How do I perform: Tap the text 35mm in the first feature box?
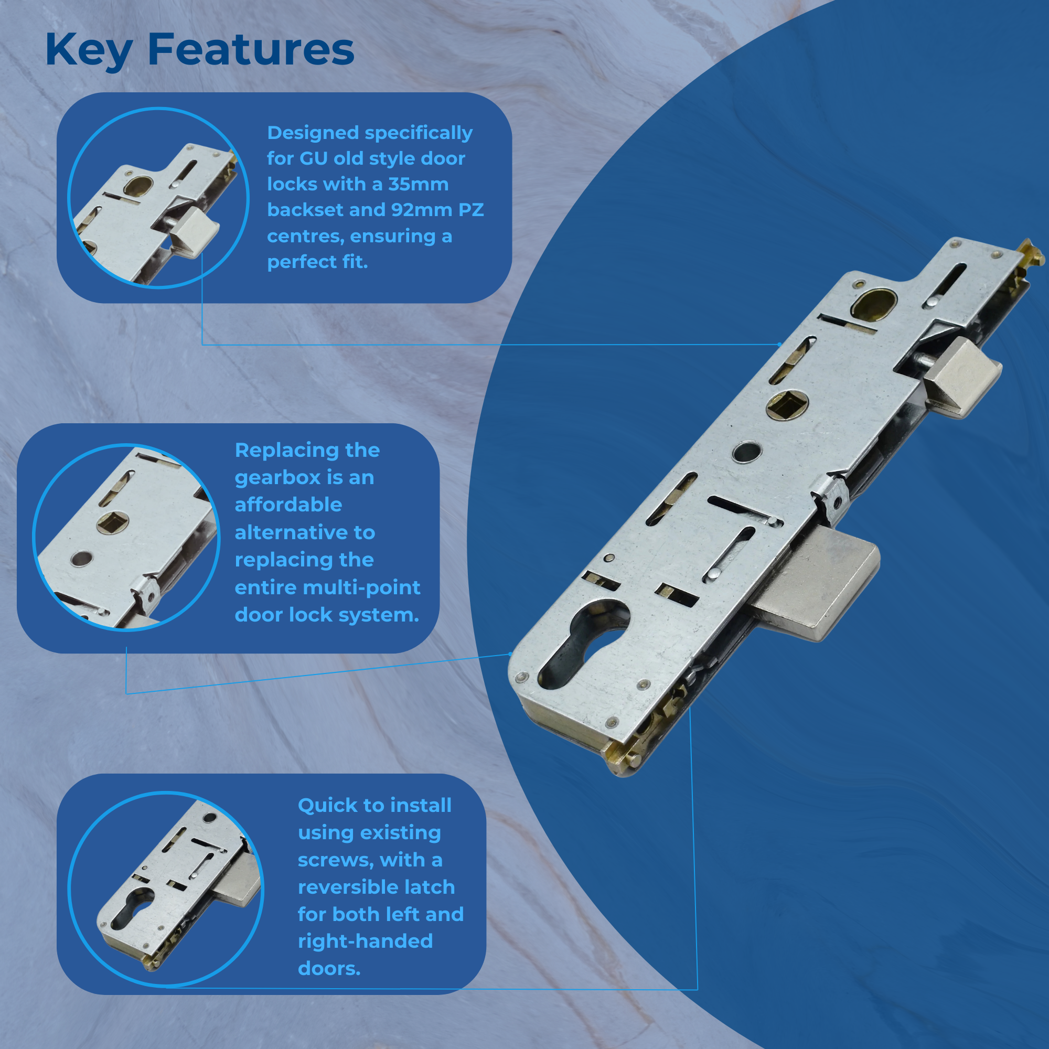pyautogui.click(x=418, y=184)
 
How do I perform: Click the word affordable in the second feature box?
pyautogui.click(x=288, y=505)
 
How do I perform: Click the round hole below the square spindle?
pyautogui.click(x=747, y=452)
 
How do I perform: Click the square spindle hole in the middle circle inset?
pyautogui.click(x=112, y=522)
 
